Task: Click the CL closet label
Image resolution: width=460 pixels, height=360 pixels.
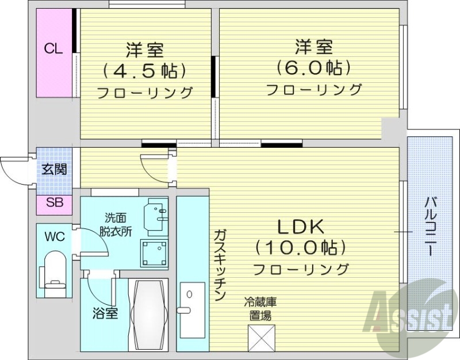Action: [53, 49]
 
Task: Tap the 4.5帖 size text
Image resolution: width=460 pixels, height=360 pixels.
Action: [144, 71]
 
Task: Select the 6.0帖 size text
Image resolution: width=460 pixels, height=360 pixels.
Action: [313, 68]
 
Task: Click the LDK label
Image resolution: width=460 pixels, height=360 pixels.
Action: [301, 227]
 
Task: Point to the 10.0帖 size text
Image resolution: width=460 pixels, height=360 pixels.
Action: [301, 248]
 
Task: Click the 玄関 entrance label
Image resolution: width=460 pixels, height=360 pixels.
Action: [53, 169]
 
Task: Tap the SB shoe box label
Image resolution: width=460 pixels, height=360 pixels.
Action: [55, 203]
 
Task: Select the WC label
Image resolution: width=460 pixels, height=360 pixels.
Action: [54, 236]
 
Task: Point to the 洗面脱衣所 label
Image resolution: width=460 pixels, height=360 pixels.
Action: [118, 225]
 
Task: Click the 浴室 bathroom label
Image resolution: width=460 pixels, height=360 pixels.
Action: [105, 314]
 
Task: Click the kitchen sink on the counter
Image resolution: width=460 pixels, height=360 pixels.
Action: [192, 311]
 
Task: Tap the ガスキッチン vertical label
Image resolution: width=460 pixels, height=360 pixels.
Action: [220, 265]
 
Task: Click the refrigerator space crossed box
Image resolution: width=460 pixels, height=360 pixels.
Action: [262, 338]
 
